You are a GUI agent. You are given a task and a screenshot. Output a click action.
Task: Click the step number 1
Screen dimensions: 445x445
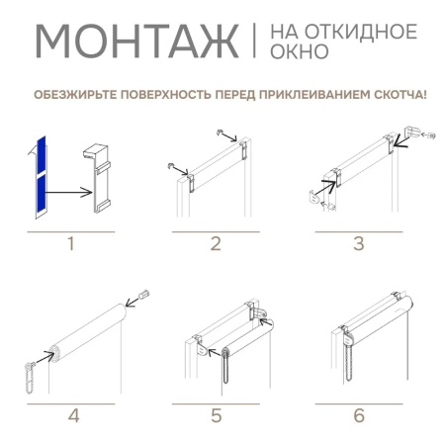(69, 243)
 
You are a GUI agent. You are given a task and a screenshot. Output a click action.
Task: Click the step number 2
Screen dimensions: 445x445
(216, 243)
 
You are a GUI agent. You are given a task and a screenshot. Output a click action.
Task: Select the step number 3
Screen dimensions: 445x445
(359, 243)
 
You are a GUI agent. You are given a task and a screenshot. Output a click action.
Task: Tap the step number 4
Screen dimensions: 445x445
(71, 415)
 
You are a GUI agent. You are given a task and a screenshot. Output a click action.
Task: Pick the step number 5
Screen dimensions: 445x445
(215, 415)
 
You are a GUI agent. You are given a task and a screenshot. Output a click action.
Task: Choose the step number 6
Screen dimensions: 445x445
(359, 415)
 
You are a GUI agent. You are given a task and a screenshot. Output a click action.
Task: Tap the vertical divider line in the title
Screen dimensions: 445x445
(255, 42)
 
